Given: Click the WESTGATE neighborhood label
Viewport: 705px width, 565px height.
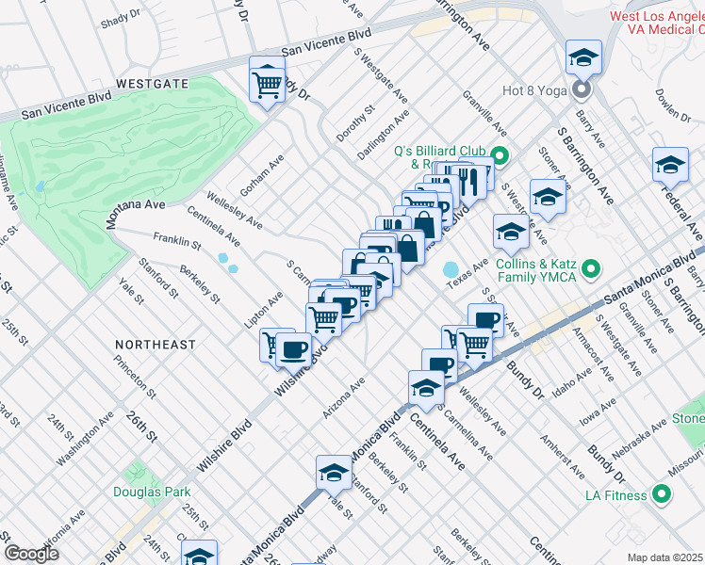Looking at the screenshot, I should (152, 84).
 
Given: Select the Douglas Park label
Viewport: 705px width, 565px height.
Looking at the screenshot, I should (152, 492).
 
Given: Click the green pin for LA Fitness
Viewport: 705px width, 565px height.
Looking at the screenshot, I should (662, 493).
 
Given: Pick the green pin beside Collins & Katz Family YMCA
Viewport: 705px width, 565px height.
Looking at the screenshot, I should (591, 270).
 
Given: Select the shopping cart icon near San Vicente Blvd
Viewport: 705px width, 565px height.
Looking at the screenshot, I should (269, 83).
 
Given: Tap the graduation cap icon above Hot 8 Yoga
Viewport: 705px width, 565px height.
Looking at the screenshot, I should (583, 58).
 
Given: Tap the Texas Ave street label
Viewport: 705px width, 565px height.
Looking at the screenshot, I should (467, 271).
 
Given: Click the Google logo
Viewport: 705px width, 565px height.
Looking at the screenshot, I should (31, 553).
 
